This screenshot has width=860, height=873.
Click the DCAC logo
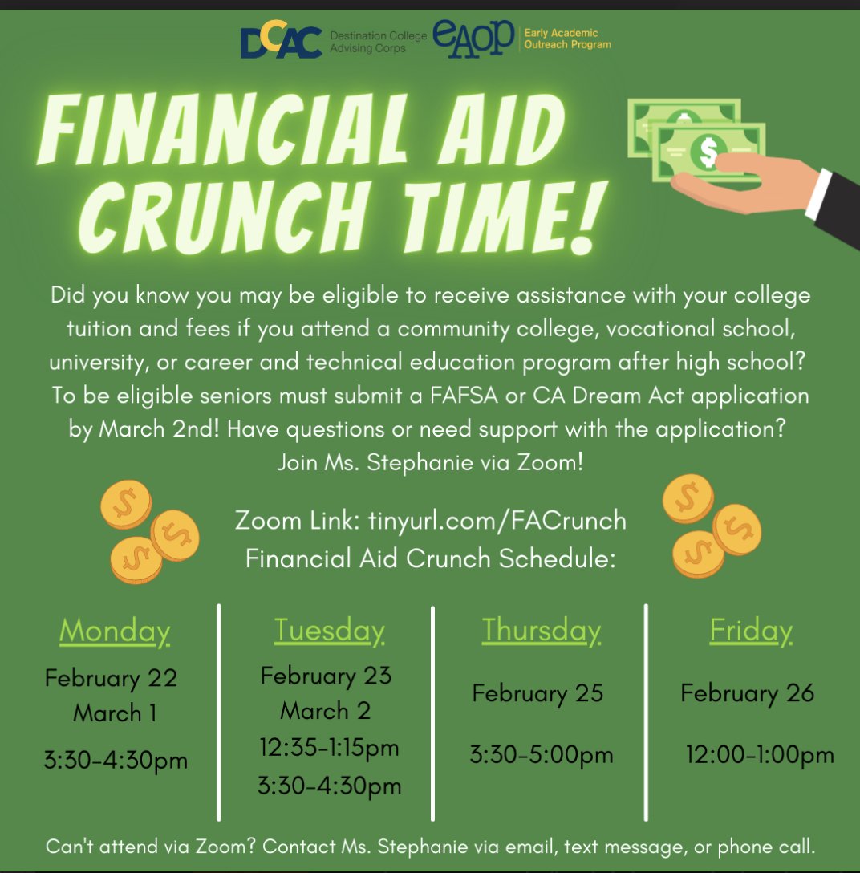281,42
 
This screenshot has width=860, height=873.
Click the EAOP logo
473,38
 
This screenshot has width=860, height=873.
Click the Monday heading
115,631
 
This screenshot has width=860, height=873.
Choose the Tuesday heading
329,631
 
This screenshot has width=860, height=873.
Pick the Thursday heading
541,631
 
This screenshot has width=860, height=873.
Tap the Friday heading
751,631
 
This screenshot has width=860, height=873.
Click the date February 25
537,692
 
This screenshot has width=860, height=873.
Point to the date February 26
748,692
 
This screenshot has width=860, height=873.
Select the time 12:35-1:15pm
329,748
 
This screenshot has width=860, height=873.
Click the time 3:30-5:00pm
541,754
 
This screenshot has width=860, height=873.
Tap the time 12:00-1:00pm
760,754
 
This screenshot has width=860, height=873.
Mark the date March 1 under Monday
115,713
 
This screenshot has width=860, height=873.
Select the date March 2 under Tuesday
326,711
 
